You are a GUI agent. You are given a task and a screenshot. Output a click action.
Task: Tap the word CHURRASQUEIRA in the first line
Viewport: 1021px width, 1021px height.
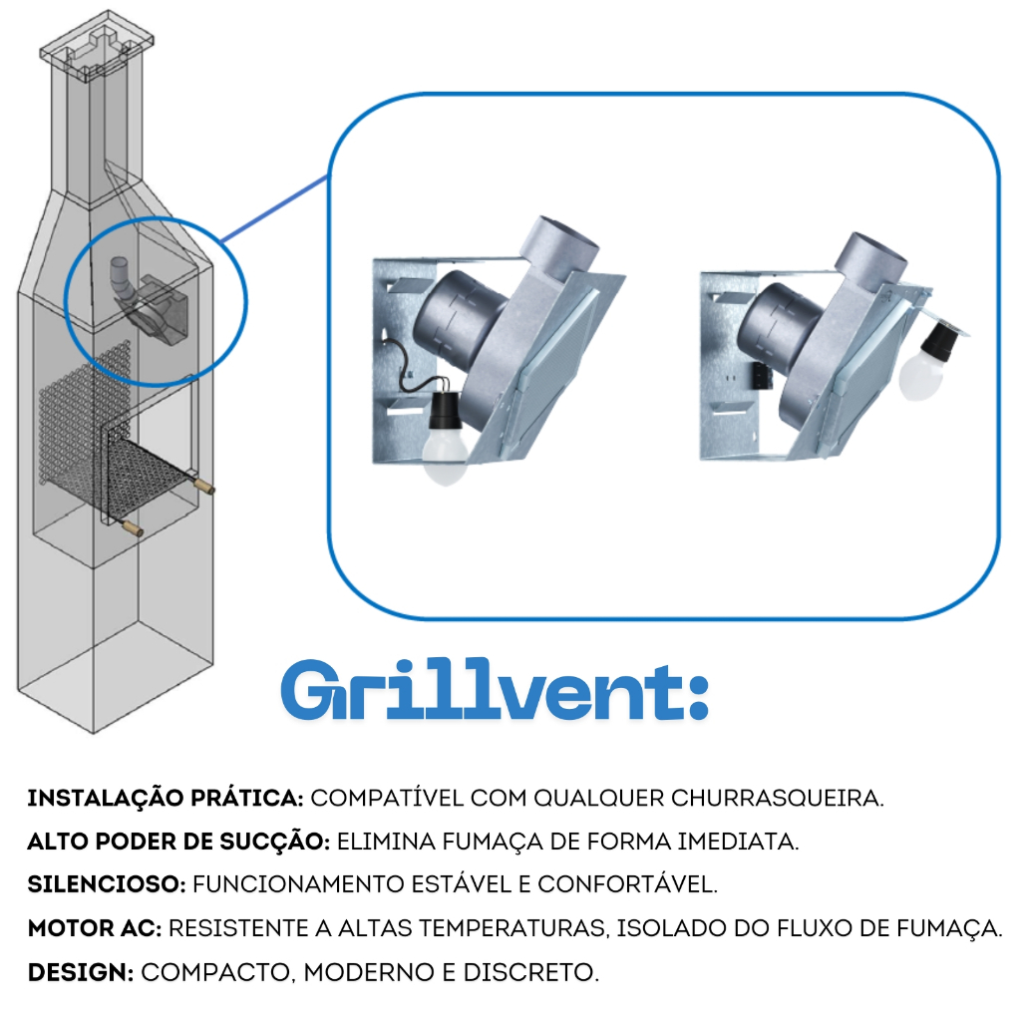[777, 799]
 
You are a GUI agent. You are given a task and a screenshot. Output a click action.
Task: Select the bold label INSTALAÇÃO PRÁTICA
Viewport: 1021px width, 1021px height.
[166, 798]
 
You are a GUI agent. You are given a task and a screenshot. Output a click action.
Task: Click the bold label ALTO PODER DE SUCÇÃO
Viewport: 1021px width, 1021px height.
[179, 841]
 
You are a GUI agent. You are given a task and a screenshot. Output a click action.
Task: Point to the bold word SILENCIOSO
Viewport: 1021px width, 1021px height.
[107, 885]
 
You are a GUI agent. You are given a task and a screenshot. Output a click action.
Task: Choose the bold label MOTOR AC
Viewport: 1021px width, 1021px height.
[95, 928]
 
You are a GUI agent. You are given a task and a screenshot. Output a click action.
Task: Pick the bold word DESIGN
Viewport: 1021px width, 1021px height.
[81, 972]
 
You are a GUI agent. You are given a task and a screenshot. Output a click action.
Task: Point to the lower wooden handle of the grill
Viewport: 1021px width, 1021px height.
[133, 528]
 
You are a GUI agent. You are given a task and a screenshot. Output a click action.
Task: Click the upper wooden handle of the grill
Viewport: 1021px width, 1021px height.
[203, 486]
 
